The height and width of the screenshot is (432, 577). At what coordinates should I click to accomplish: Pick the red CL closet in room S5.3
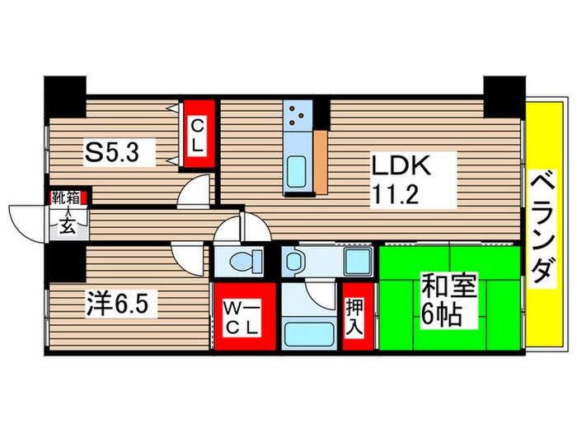198,134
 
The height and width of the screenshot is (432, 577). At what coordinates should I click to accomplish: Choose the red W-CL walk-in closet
243,316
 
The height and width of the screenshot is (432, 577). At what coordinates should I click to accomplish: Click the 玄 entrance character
65,226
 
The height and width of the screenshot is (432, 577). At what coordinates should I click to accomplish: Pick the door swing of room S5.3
196,190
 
